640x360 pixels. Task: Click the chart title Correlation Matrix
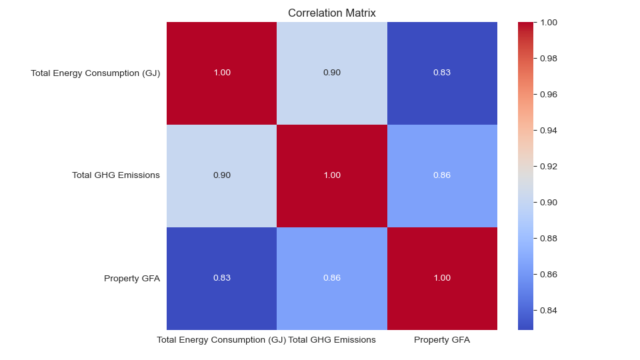tap(331, 13)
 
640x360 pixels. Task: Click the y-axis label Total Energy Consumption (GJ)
tap(95, 73)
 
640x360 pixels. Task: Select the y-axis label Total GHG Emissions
tap(116, 175)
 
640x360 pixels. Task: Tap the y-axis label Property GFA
tap(132, 278)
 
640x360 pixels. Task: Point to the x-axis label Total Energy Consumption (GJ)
tap(221, 340)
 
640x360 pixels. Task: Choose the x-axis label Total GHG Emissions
tap(332, 340)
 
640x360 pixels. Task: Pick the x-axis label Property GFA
tap(442, 340)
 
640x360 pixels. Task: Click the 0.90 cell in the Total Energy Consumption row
tap(332, 73)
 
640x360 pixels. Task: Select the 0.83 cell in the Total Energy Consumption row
tap(442, 73)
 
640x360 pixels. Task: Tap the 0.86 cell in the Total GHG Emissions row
tap(442, 175)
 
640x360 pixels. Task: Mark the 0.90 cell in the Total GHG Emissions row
tap(221, 175)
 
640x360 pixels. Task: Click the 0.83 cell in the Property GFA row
tap(221, 278)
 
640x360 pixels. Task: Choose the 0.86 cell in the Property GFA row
tap(332, 278)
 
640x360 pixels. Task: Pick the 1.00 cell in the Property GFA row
tap(442, 278)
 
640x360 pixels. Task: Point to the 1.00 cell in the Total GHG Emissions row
tap(332, 175)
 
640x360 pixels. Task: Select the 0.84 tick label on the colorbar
tap(548, 310)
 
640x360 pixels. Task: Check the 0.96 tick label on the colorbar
tap(548, 94)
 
